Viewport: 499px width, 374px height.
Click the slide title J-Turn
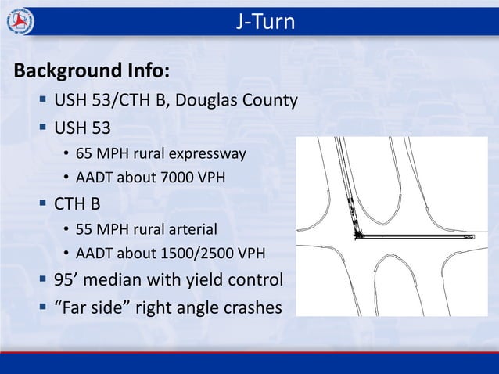[266, 22]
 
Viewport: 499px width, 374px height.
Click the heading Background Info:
[91, 73]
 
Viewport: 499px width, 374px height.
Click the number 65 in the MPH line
[84, 153]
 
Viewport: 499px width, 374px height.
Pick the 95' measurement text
[64, 280]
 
